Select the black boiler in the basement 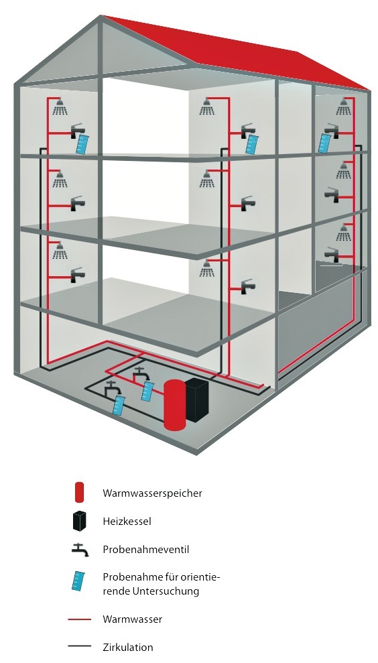click(x=198, y=400)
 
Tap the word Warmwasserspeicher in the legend click(x=152, y=493)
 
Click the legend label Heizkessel click(x=127, y=521)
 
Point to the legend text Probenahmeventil click(x=145, y=549)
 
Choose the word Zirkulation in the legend click(x=128, y=647)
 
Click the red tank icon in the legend click(x=80, y=492)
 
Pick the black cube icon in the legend click(x=80, y=521)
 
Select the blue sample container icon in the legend click(x=78, y=581)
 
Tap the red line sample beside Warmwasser click(x=80, y=619)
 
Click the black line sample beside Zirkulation click(x=80, y=646)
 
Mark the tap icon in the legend click(x=80, y=550)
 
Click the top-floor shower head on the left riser click(x=60, y=107)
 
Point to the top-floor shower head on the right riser click(x=344, y=107)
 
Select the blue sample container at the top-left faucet click(x=82, y=143)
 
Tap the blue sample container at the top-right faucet click(x=325, y=143)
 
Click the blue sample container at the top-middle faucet click(x=253, y=144)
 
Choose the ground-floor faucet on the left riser click(x=77, y=274)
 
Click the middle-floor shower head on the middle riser click(x=206, y=179)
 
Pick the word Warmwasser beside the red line click(x=132, y=619)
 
